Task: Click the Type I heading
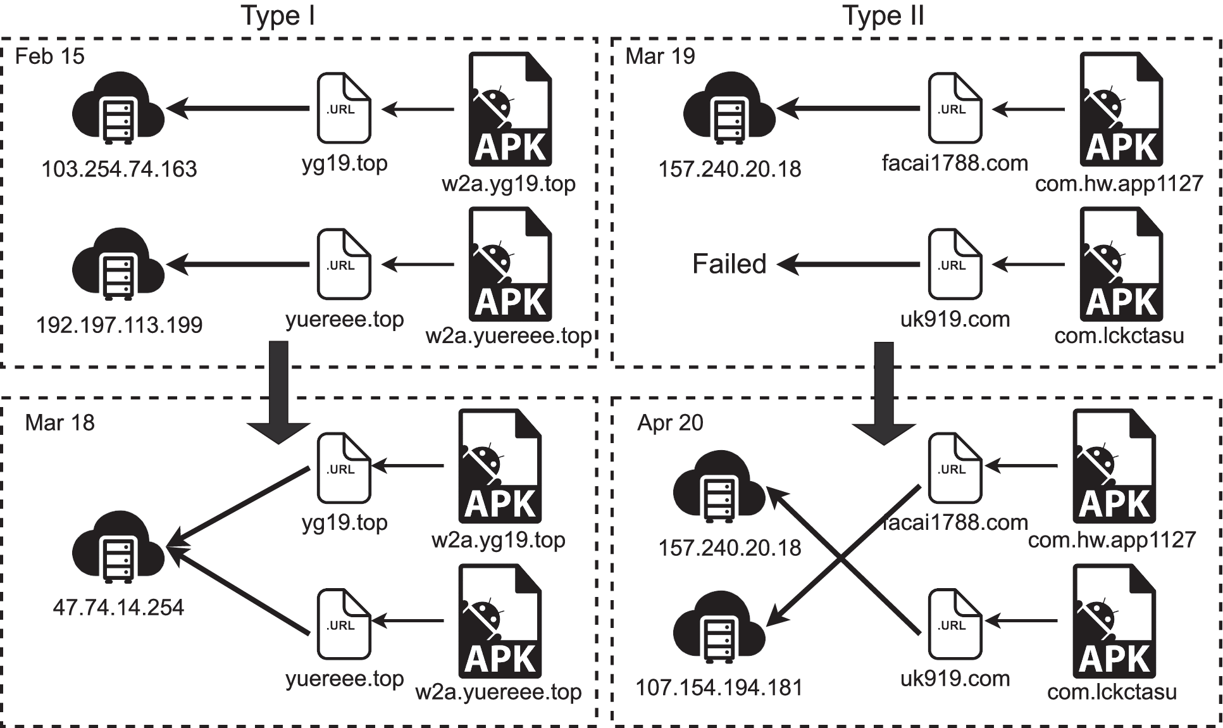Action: (278, 16)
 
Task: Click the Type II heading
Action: (883, 16)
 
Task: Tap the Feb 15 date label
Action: (49, 56)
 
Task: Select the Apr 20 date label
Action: (670, 423)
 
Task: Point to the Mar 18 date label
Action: (59, 423)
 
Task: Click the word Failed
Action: (729, 264)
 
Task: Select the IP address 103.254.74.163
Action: (119, 169)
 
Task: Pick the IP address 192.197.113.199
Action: (119, 325)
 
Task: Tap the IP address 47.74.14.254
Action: (118, 608)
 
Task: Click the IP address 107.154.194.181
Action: (719, 687)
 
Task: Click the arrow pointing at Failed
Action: (848, 264)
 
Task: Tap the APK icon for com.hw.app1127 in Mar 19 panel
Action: (1121, 109)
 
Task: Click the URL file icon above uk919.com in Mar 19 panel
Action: (955, 264)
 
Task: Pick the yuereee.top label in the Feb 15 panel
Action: (344, 320)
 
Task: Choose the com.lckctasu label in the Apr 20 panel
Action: (1112, 692)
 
